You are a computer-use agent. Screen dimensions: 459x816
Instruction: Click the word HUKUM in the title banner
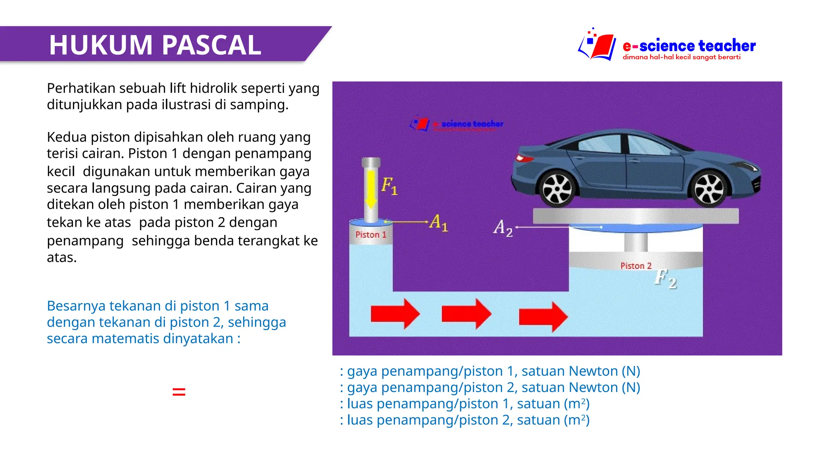[101, 45]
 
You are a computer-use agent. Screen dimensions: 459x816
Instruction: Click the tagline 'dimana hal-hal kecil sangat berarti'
[681, 57]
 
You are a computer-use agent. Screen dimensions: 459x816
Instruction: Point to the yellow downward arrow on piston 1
[371, 189]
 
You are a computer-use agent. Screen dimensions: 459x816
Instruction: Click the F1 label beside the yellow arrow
[389, 186]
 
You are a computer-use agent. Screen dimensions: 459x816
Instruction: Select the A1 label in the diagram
[439, 222]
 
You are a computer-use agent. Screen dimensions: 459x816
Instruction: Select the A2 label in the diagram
[503, 228]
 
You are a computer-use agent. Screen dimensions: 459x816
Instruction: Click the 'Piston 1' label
[371, 235]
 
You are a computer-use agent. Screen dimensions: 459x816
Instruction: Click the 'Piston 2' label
[636, 266]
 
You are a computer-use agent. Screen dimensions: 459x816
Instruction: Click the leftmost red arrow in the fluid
[395, 314]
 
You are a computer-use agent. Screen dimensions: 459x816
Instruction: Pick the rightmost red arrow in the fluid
[543, 317]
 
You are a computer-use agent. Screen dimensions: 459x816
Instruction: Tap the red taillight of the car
[524, 159]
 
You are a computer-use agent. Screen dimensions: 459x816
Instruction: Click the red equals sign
[178, 392]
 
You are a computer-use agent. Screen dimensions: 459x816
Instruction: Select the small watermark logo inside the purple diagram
[456, 124]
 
